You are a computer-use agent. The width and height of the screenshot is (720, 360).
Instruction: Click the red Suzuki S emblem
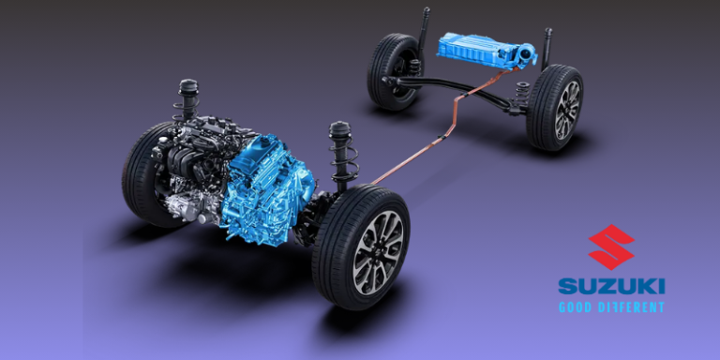[x=611, y=247]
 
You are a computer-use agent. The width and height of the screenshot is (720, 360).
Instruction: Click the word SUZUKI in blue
[x=611, y=287]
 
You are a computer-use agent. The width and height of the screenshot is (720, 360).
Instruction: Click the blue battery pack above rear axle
[x=487, y=52]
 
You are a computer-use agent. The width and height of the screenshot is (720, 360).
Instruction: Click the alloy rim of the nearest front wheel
[x=378, y=251]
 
